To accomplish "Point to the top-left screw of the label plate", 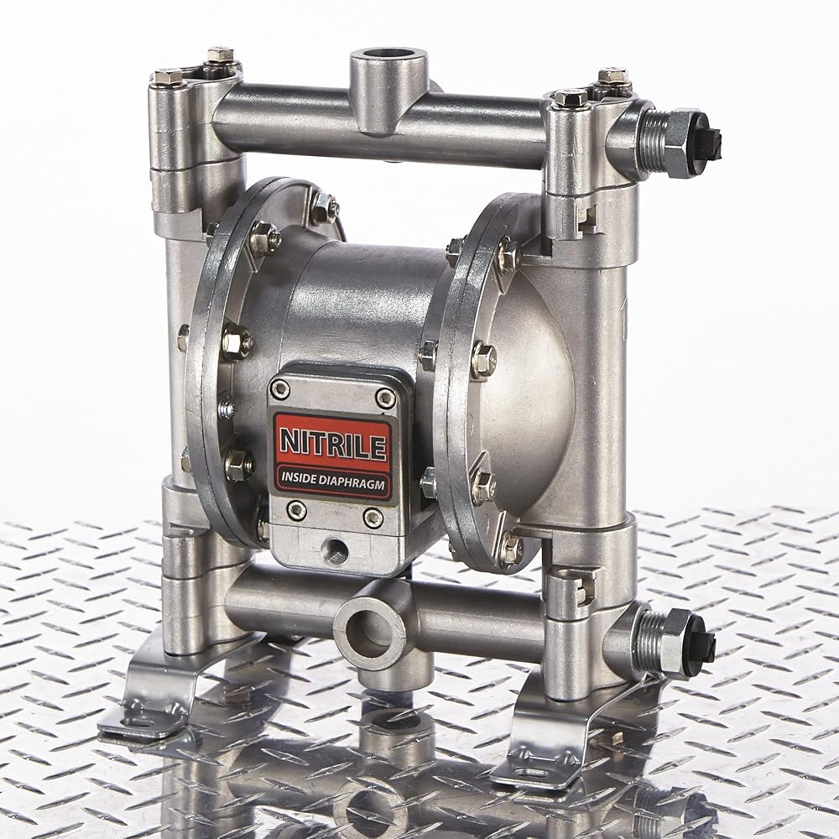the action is tap(280, 391).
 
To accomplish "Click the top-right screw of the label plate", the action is tap(385, 398).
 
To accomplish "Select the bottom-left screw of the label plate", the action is tap(296, 510).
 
